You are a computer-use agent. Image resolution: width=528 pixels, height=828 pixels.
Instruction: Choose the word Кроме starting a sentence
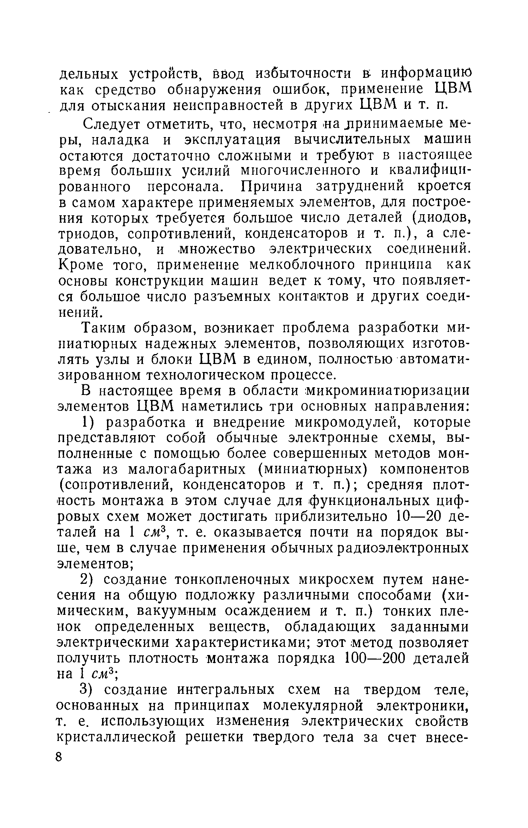click(81, 265)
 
